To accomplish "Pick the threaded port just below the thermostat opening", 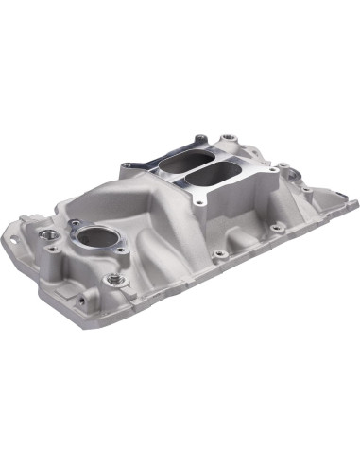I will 112,280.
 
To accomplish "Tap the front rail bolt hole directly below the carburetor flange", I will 218,254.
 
